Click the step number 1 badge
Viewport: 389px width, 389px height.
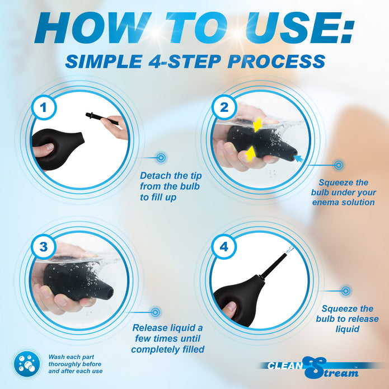click(44, 107)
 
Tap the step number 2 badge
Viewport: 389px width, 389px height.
click(224, 107)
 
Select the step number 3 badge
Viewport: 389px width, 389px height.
click(44, 247)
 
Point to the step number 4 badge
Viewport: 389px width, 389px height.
click(224, 247)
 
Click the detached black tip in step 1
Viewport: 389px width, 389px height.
click(102, 118)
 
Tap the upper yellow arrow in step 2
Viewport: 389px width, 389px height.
click(258, 124)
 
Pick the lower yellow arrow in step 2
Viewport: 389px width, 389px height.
click(251, 154)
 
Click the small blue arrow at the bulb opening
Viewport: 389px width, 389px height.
click(298, 158)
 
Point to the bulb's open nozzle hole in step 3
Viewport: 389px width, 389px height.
click(109, 293)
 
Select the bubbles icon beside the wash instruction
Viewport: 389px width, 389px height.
click(27, 364)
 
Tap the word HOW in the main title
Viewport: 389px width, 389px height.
click(92, 28)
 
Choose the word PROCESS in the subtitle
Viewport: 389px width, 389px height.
click(276, 62)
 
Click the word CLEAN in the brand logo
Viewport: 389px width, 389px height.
click(285, 365)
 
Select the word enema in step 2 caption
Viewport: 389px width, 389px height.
click(326, 203)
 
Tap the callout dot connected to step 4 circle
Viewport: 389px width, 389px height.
click(345, 291)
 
